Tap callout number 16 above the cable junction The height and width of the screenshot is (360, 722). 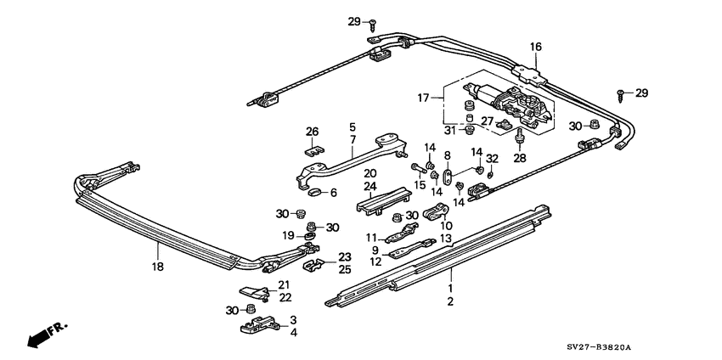click(x=536, y=47)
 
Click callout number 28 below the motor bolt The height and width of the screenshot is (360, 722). click(x=520, y=158)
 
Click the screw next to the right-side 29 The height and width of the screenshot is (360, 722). click(x=622, y=92)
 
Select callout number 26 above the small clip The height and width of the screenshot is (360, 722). click(x=312, y=132)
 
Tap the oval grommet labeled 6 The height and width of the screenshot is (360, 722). click(x=313, y=193)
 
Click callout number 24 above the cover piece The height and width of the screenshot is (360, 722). click(x=369, y=186)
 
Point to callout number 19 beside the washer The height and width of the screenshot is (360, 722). click(x=288, y=235)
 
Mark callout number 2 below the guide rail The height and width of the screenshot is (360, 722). click(x=451, y=301)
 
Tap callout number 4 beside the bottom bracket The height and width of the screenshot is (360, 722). click(x=293, y=332)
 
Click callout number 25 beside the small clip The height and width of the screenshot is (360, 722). click(x=344, y=269)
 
